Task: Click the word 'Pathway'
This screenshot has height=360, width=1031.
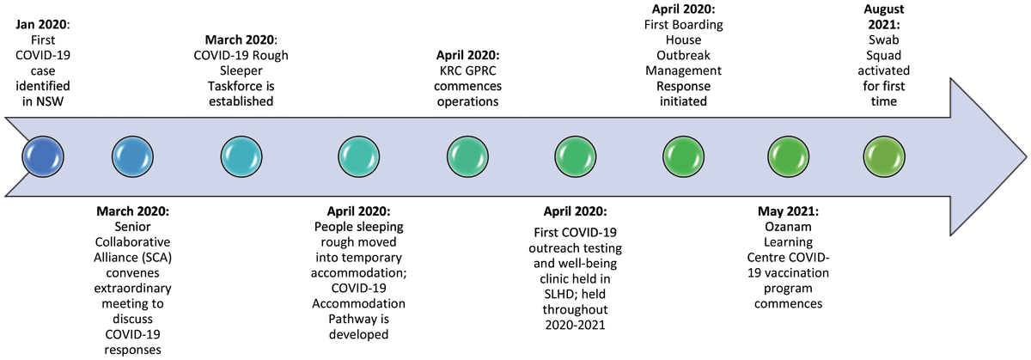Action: tap(358, 319)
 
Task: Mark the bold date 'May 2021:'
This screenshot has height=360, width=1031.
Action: tap(788, 211)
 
